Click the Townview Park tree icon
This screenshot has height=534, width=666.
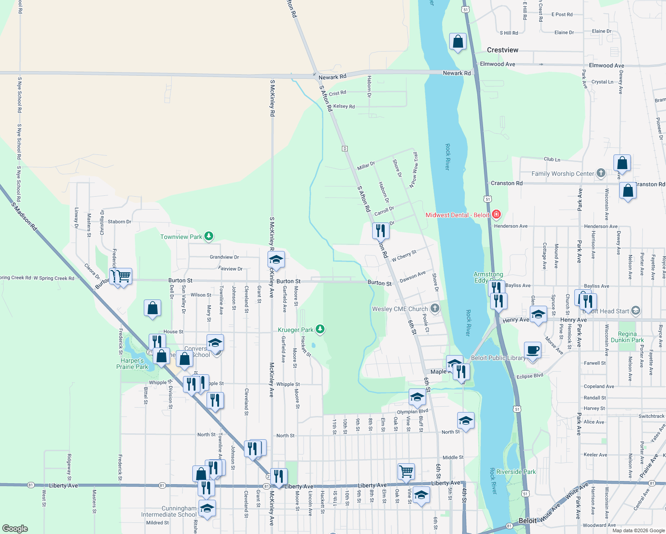click(x=209, y=237)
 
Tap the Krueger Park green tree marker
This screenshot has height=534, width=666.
click(x=320, y=330)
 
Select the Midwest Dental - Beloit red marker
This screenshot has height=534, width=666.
click(x=496, y=215)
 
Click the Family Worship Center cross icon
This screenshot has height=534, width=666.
click(x=601, y=173)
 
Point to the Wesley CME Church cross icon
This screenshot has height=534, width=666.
click(x=435, y=308)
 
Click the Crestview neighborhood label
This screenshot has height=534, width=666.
click(x=502, y=50)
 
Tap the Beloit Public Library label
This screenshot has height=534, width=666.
click(x=498, y=358)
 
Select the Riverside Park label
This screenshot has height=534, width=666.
click(x=516, y=472)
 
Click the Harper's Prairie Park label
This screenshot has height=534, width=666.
click(x=132, y=364)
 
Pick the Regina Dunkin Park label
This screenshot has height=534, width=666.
click(x=627, y=337)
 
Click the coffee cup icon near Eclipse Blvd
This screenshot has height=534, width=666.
click(x=532, y=350)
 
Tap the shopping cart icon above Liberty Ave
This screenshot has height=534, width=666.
click(x=406, y=471)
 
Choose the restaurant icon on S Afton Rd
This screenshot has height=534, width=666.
click(x=381, y=231)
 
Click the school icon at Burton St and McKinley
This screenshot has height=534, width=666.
click(x=276, y=259)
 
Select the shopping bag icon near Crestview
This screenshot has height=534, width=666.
click(x=458, y=42)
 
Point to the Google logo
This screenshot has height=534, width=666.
click(x=15, y=528)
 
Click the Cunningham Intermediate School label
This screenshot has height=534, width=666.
click(x=169, y=511)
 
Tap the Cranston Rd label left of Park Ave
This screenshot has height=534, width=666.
click(x=506, y=183)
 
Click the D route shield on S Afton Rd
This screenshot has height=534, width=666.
click(x=345, y=148)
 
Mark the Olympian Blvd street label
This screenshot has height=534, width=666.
click(x=412, y=412)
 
